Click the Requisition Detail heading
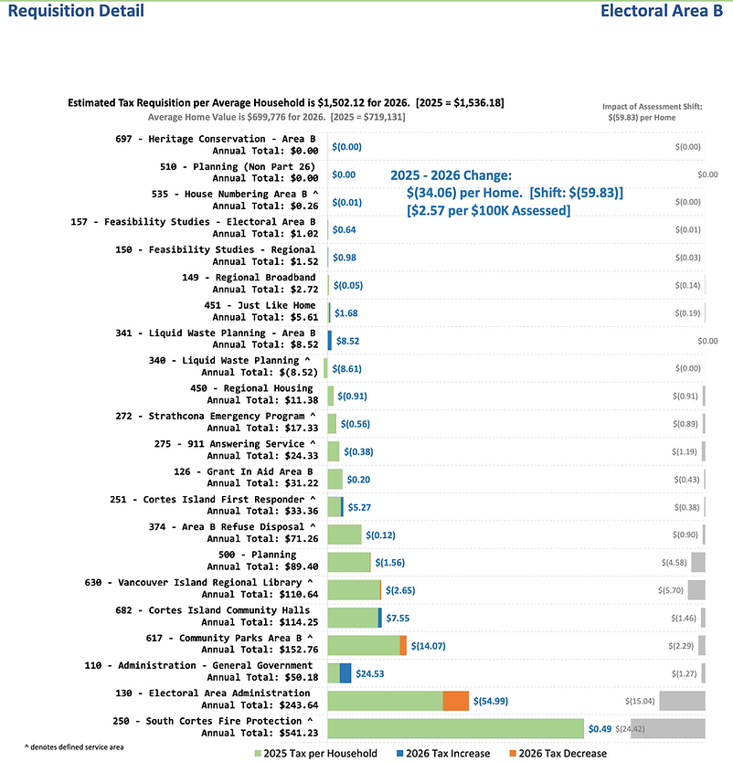[76, 11]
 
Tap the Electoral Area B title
[662, 11]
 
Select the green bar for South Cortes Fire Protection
[455, 729]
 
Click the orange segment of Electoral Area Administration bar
[455, 702]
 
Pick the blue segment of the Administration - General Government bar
[345, 673]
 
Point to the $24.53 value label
[370, 673]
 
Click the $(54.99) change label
[491, 702]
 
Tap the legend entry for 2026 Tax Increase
[443, 753]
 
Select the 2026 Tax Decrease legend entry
[558, 753]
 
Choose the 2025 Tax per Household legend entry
[316, 753]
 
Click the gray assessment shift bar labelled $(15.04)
[682, 702]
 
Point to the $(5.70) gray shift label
[671, 590]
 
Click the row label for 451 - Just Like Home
[261, 311]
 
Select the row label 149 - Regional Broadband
[250, 283]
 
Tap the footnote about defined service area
[74, 747]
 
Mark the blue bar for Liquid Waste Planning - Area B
[330, 341]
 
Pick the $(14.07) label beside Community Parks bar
[429, 646]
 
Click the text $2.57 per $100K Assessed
[488, 210]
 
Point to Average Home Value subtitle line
[277, 117]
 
